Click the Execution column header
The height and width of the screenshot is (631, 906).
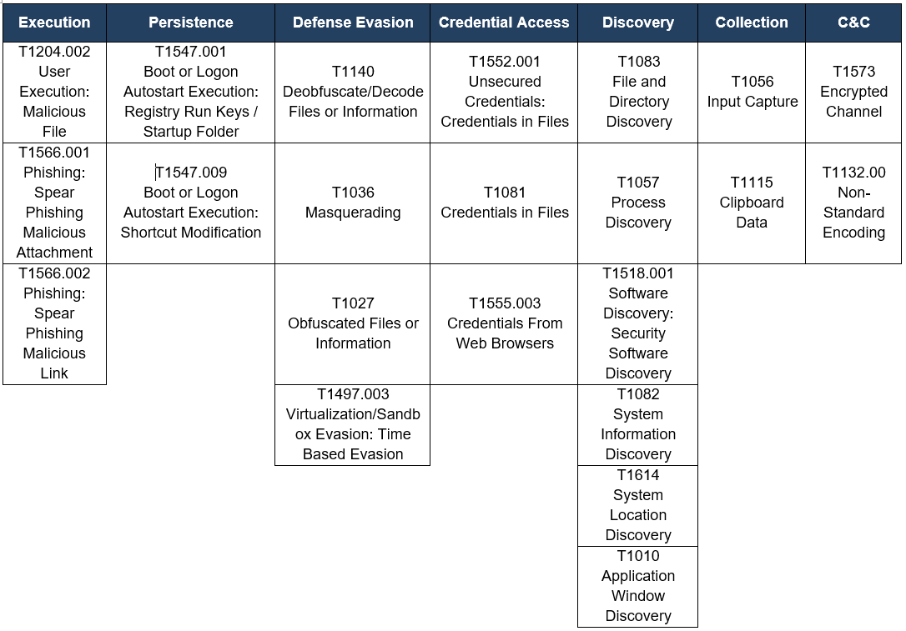pos(54,23)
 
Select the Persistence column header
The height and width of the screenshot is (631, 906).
pos(191,23)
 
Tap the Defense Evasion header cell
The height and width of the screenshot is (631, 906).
pos(352,23)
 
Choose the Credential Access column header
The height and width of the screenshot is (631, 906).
pos(504,23)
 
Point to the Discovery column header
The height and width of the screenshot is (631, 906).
pos(638,23)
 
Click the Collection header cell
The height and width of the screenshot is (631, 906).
pos(751,23)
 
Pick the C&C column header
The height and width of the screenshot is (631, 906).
pos(853,23)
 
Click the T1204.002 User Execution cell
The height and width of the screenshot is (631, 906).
pos(54,93)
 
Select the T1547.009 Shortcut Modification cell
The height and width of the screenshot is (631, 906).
pos(191,203)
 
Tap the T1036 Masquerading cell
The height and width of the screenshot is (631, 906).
pos(352,203)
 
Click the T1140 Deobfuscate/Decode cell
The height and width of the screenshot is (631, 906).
pos(352,93)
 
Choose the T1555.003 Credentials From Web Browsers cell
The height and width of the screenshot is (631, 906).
pos(504,324)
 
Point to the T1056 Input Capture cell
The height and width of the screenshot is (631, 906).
pos(751,93)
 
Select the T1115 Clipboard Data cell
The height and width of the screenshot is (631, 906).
pos(751,203)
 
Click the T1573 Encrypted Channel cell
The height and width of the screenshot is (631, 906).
pos(853,93)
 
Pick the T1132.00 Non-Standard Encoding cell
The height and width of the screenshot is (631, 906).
pos(853,203)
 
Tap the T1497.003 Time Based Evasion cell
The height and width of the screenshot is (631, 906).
pos(352,425)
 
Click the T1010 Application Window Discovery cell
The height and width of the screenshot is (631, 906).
pos(638,587)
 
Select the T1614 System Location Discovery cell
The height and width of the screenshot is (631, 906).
pos(638,506)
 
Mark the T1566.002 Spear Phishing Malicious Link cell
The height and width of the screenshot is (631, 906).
pos(54,324)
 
